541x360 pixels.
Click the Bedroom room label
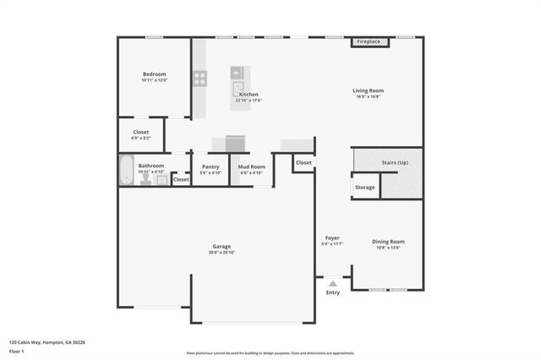click(x=154, y=74)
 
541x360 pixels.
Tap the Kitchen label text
click(x=249, y=94)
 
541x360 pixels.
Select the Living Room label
click(x=369, y=90)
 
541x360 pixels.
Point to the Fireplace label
click(x=368, y=41)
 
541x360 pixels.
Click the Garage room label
click(x=221, y=248)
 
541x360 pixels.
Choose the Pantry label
click(x=210, y=166)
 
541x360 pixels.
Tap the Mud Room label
click(x=253, y=166)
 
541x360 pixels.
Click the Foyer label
click(x=331, y=238)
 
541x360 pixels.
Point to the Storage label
click(x=365, y=187)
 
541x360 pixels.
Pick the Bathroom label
click(x=151, y=166)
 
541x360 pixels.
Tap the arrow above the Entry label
click(x=333, y=283)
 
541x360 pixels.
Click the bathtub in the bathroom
click(x=126, y=172)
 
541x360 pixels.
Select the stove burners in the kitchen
click(x=200, y=79)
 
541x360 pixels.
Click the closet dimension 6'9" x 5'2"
click(x=141, y=138)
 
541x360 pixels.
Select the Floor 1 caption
click(x=16, y=350)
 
